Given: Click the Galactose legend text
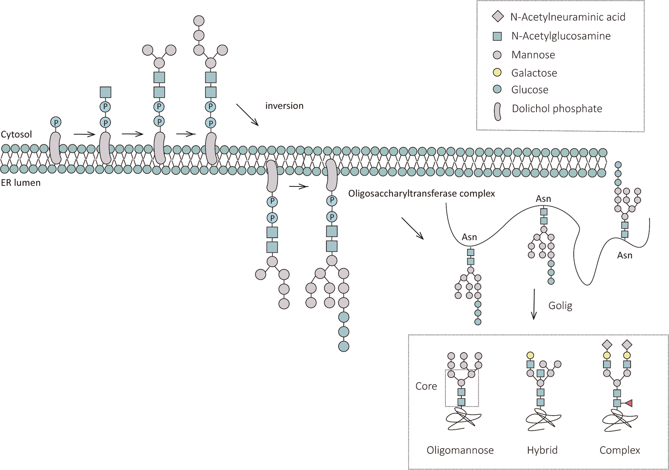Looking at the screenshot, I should pyautogui.click(x=534, y=73).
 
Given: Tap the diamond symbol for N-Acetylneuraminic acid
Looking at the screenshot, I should pyautogui.click(x=497, y=16).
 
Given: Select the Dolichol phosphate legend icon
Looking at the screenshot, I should pyautogui.click(x=497, y=111).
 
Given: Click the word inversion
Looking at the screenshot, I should pyautogui.click(x=284, y=106).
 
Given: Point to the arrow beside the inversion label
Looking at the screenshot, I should pyautogui.click(x=247, y=114).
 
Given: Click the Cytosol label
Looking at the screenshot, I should pyautogui.click(x=16, y=134).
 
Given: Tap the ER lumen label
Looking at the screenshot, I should pyautogui.click(x=21, y=183).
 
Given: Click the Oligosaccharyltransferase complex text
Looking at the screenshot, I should pyautogui.click(x=421, y=193).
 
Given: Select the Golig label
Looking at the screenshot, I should pyautogui.click(x=560, y=305).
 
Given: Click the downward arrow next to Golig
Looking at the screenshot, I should pyautogui.click(x=534, y=304).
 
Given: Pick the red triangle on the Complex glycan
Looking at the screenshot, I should pyautogui.click(x=628, y=403).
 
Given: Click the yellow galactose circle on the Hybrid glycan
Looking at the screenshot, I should pyautogui.click(x=530, y=355).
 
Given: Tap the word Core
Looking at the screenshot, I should pyautogui.click(x=426, y=386).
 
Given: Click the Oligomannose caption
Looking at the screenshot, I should pyautogui.click(x=460, y=450).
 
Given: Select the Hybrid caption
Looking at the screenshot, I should pyautogui.click(x=542, y=450).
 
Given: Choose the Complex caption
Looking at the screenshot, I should pyautogui.click(x=620, y=450).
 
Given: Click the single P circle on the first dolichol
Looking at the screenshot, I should pyautogui.click(x=56, y=122).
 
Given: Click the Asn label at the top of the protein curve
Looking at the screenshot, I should pyautogui.click(x=543, y=199).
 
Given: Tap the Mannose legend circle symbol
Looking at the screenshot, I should pyautogui.click(x=497, y=55).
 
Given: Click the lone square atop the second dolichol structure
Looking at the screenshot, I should pyautogui.click(x=105, y=92).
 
